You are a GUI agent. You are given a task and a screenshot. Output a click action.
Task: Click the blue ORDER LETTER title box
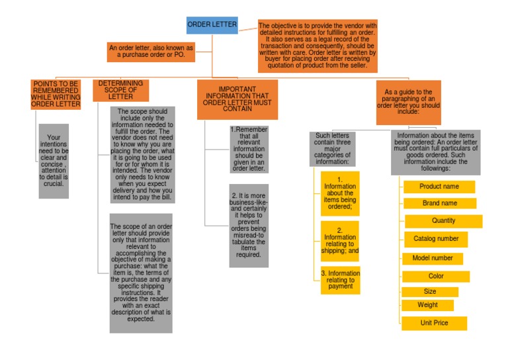[x=212, y=25]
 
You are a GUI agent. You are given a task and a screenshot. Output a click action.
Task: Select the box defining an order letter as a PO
[x=151, y=52]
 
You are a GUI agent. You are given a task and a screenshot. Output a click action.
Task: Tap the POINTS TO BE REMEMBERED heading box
[x=56, y=94]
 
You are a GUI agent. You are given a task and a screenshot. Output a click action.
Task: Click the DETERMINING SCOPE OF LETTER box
[x=122, y=90]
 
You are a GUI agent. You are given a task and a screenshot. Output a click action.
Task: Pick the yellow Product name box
[x=439, y=187]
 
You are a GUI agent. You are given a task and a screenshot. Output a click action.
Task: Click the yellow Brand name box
[x=440, y=203]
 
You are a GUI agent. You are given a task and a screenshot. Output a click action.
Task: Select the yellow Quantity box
[x=443, y=221]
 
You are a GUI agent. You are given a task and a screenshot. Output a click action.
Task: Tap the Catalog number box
[x=436, y=239]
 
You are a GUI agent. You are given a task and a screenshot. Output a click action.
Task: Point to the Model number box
[x=433, y=258]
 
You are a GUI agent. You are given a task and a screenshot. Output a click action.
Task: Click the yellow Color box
[x=436, y=276]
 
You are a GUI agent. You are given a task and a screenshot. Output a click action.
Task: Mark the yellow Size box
[x=430, y=292]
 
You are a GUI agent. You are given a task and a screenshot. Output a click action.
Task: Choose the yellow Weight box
[x=428, y=305]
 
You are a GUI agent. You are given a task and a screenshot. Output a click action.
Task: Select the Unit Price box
[x=434, y=323]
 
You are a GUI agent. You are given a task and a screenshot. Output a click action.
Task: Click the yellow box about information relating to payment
[x=340, y=280]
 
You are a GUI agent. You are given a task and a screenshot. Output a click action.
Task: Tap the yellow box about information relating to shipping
[x=340, y=241]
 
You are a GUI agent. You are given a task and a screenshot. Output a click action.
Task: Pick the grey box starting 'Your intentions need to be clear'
[x=54, y=161]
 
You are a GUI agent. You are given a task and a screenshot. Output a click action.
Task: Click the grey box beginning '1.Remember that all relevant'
[x=249, y=149]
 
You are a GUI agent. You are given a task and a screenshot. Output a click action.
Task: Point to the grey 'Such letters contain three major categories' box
[x=332, y=149]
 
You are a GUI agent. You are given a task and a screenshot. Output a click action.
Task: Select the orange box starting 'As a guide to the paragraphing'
[x=408, y=102]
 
